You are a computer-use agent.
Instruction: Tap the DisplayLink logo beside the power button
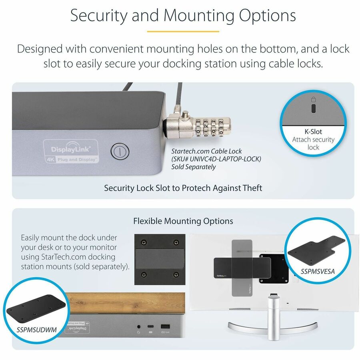(x=70, y=150)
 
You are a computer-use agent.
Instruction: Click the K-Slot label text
(x=313, y=131)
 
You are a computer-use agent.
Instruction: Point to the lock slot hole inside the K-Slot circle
(x=314, y=108)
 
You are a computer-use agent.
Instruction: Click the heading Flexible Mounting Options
(x=183, y=221)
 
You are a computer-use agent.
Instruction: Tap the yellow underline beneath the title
(x=183, y=31)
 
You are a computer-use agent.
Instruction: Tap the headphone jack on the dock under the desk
(x=138, y=328)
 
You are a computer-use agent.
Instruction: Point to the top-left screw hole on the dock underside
(x=143, y=242)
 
